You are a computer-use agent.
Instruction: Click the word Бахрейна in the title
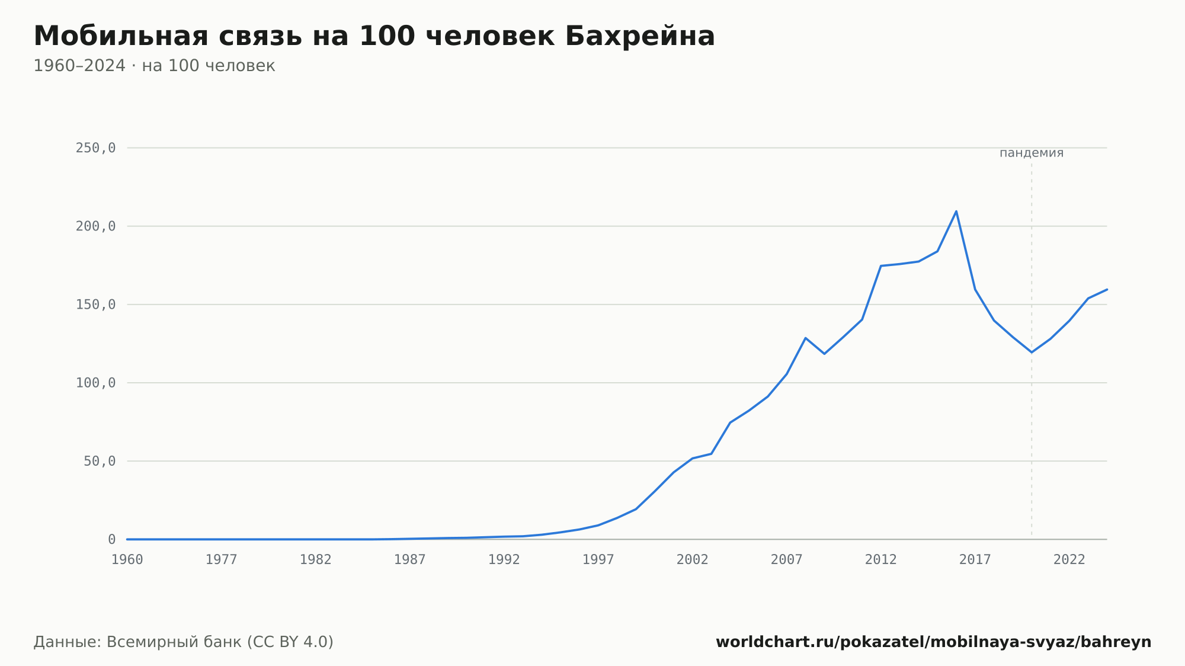pyautogui.click(x=640, y=36)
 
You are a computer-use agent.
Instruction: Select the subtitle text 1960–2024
pyautogui.click(x=79, y=66)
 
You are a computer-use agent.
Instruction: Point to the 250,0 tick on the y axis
pyautogui.click(x=95, y=148)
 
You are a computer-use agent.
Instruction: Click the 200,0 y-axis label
pyautogui.click(x=95, y=226)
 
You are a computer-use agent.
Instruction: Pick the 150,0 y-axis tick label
pyautogui.click(x=95, y=305)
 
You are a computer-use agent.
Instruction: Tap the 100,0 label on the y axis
pyautogui.click(x=95, y=383)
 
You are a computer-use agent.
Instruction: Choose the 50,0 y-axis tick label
pyautogui.click(x=100, y=461)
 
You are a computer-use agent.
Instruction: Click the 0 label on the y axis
pyautogui.click(x=112, y=539)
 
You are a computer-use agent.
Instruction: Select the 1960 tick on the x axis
pyautogui.click(x=127, y=560)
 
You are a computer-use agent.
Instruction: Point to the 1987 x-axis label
pyautogui.click(x=410, y=560)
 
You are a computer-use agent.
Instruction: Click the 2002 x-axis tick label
pyautogui.click(x=693, y=560)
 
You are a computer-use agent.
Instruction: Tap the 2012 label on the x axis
pyautogui.click(x=881, y=560)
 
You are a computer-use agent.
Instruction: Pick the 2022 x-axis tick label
pyautogui.click(x=1069, y=560)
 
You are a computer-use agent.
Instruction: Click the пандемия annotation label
pyautogui.click(x=1032, y=153)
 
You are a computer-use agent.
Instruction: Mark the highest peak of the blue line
pyautogui.click(x=956, y=211)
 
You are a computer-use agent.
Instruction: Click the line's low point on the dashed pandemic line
pyautogui.click(x=1032, y=353)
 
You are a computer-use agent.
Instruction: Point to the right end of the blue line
pyautogui.click(x=1107, y=289)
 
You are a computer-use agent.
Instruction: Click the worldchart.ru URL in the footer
pyautogui.click(x=934, y=642)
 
